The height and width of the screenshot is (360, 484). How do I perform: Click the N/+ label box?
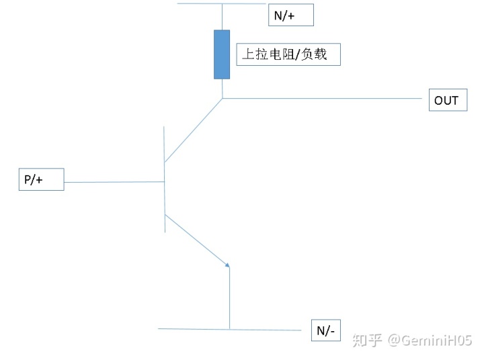[290, 15]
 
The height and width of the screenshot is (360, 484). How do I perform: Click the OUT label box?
[446, 101]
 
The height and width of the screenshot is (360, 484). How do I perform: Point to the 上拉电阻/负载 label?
[288, 54]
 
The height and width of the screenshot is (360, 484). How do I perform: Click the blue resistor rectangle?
[222, 54]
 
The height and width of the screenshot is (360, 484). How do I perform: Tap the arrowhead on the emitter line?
[228, 265]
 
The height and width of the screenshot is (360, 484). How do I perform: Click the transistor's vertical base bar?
[165, 201]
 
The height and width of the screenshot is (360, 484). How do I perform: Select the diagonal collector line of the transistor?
[194, 130]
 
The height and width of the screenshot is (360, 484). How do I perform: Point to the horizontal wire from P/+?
[114, 181]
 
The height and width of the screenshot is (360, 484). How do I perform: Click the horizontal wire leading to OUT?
[323, 99]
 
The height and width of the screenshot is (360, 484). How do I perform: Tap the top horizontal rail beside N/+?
[202, 3]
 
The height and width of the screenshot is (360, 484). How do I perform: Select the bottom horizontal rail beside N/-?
[195, 329]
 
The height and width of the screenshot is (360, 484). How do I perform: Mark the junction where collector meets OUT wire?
[223, 99]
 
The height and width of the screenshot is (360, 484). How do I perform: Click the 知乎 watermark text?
[368, 341]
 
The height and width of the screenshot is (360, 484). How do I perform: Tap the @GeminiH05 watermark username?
[430, 341]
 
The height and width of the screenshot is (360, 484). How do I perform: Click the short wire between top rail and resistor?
[222, 17]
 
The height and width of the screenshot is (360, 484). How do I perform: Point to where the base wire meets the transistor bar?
[165, 181]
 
